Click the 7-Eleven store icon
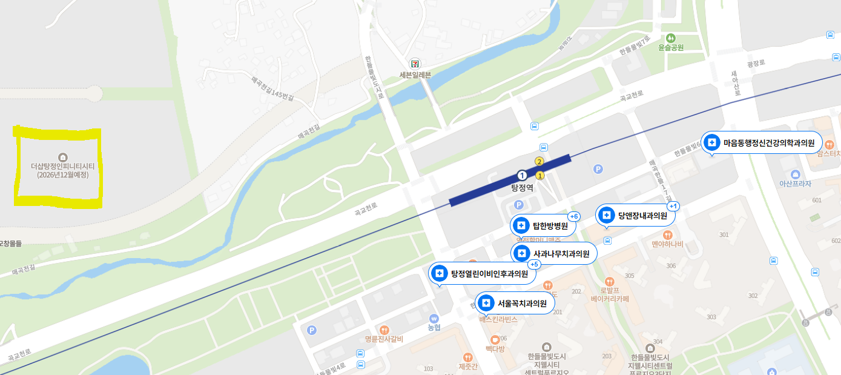415,63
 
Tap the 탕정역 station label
522,188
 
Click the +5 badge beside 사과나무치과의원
534,264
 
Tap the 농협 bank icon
434,318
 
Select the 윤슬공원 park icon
671,37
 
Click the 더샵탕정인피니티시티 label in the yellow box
62,170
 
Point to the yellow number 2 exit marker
538,161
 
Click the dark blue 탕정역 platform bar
510,181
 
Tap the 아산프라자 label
794,184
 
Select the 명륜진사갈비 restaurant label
384,339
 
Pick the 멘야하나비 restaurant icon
667,234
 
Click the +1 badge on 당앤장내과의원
673,207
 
